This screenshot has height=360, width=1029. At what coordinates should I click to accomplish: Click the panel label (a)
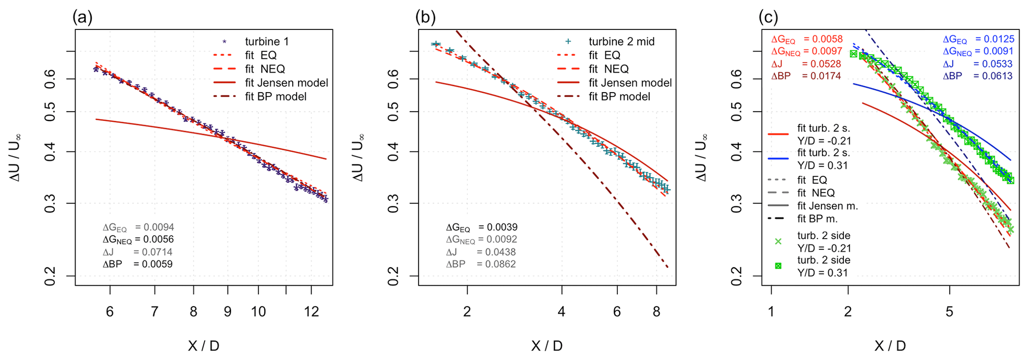point(82,18)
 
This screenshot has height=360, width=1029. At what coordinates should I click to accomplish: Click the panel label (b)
point(425,18)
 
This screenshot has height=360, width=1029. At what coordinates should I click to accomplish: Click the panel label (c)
point(768,18)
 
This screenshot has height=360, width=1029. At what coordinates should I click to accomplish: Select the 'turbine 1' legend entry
point(266,41)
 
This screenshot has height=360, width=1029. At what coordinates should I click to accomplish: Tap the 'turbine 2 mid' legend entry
point(621,41)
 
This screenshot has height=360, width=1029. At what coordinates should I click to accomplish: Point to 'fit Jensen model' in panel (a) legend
point(286,83)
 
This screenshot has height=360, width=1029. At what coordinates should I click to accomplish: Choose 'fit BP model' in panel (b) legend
point(619,97)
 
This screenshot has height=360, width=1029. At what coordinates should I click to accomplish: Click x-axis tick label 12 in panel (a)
point(311,312)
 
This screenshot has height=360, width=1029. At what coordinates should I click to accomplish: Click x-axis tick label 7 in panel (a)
point(155,312)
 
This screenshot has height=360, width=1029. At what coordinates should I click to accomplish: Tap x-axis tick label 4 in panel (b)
point(562,312)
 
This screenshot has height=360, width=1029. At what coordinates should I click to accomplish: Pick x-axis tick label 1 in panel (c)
point(771,312)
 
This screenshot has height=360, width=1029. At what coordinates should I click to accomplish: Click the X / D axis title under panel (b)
point(547,346)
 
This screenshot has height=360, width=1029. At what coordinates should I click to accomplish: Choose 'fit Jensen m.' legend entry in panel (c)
point(827,206)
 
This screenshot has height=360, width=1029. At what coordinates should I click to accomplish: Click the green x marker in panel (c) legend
point(778,241)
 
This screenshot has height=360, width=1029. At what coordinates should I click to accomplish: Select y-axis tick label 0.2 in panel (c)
point(737,275)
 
